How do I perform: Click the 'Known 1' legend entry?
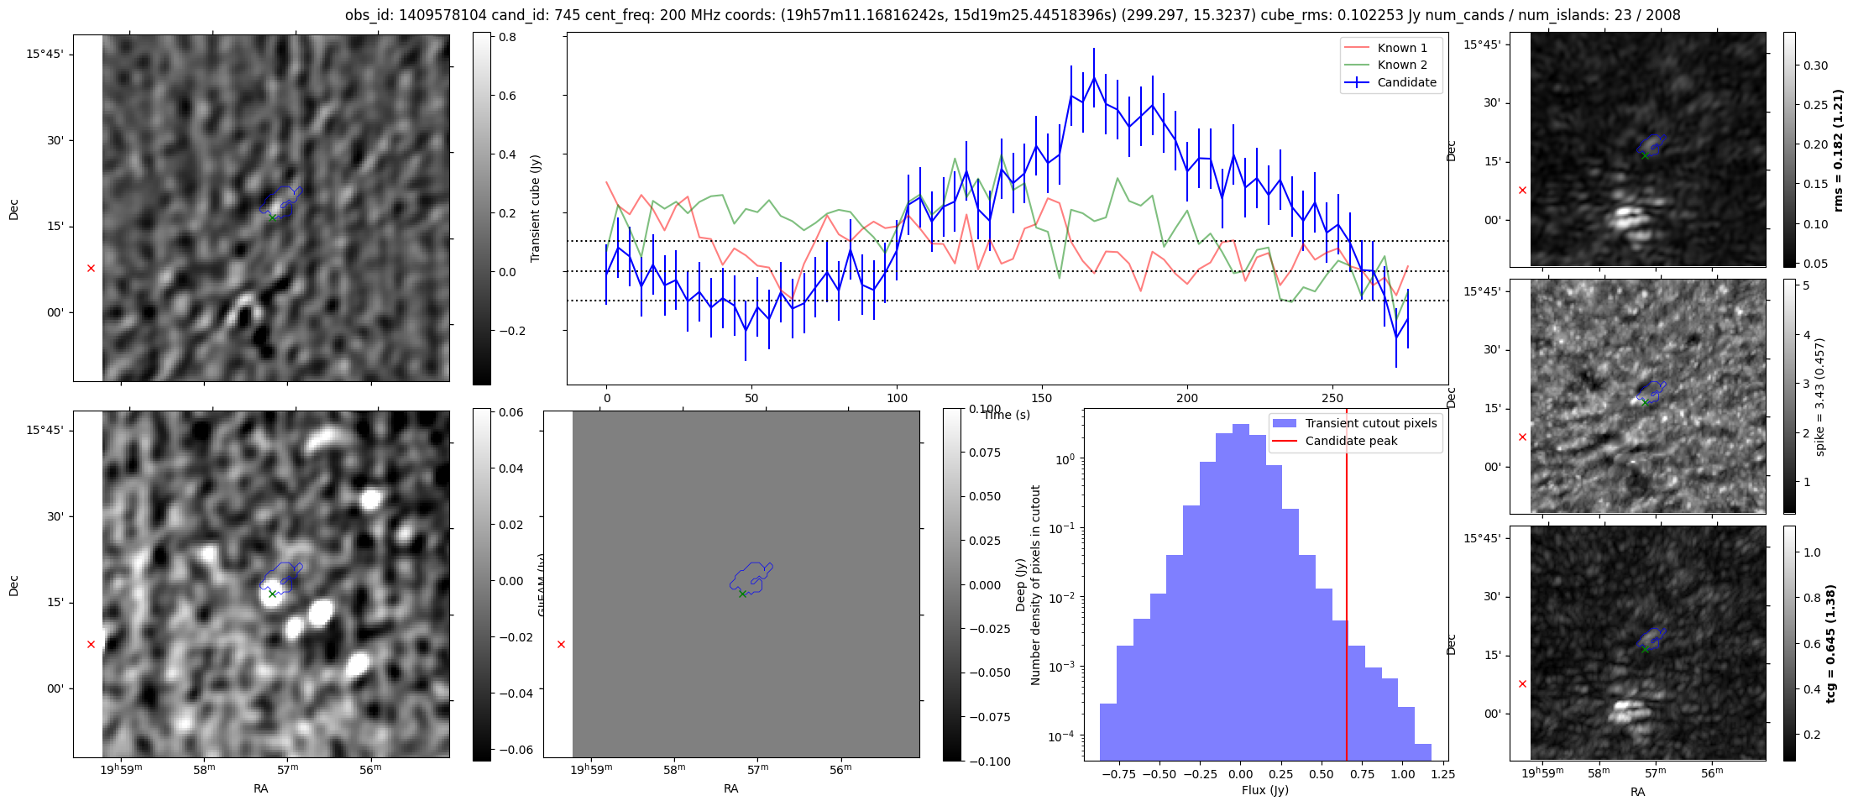point(1402,48)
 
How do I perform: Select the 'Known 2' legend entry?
point(1402,65)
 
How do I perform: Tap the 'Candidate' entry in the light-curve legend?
point(1406,82)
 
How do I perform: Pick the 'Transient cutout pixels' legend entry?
point(1370,423)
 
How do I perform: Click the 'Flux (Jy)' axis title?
point(1264,790)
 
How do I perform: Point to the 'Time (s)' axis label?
point(1007,415)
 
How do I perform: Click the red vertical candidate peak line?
point(1347,588)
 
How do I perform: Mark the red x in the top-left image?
point(91,269)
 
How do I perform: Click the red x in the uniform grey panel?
point(561,645)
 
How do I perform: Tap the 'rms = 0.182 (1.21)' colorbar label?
point(1838,150)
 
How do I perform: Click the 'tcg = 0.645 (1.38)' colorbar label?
point(1838,643)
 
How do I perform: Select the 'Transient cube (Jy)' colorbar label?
point(536,208)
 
